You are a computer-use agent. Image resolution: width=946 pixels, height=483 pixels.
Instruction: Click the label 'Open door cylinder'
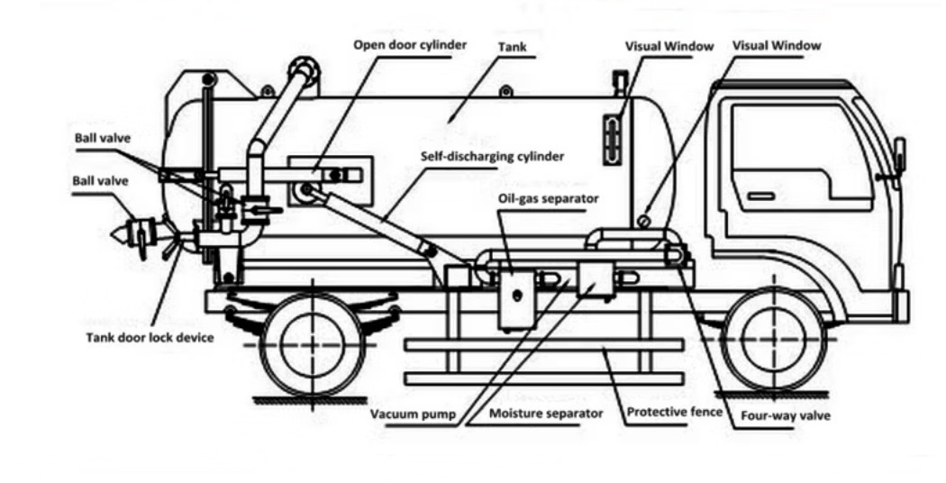[410, 44]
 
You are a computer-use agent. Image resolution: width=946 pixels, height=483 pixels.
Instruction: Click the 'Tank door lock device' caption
[150, 338]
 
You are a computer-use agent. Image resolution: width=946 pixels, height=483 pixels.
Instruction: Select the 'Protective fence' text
[674, 414]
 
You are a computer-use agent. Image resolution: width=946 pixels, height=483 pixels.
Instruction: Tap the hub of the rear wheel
[312, 342]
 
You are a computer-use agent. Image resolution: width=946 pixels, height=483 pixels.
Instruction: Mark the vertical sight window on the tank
[613, 141]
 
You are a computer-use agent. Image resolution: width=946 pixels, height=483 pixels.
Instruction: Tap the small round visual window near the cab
[643, 221]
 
